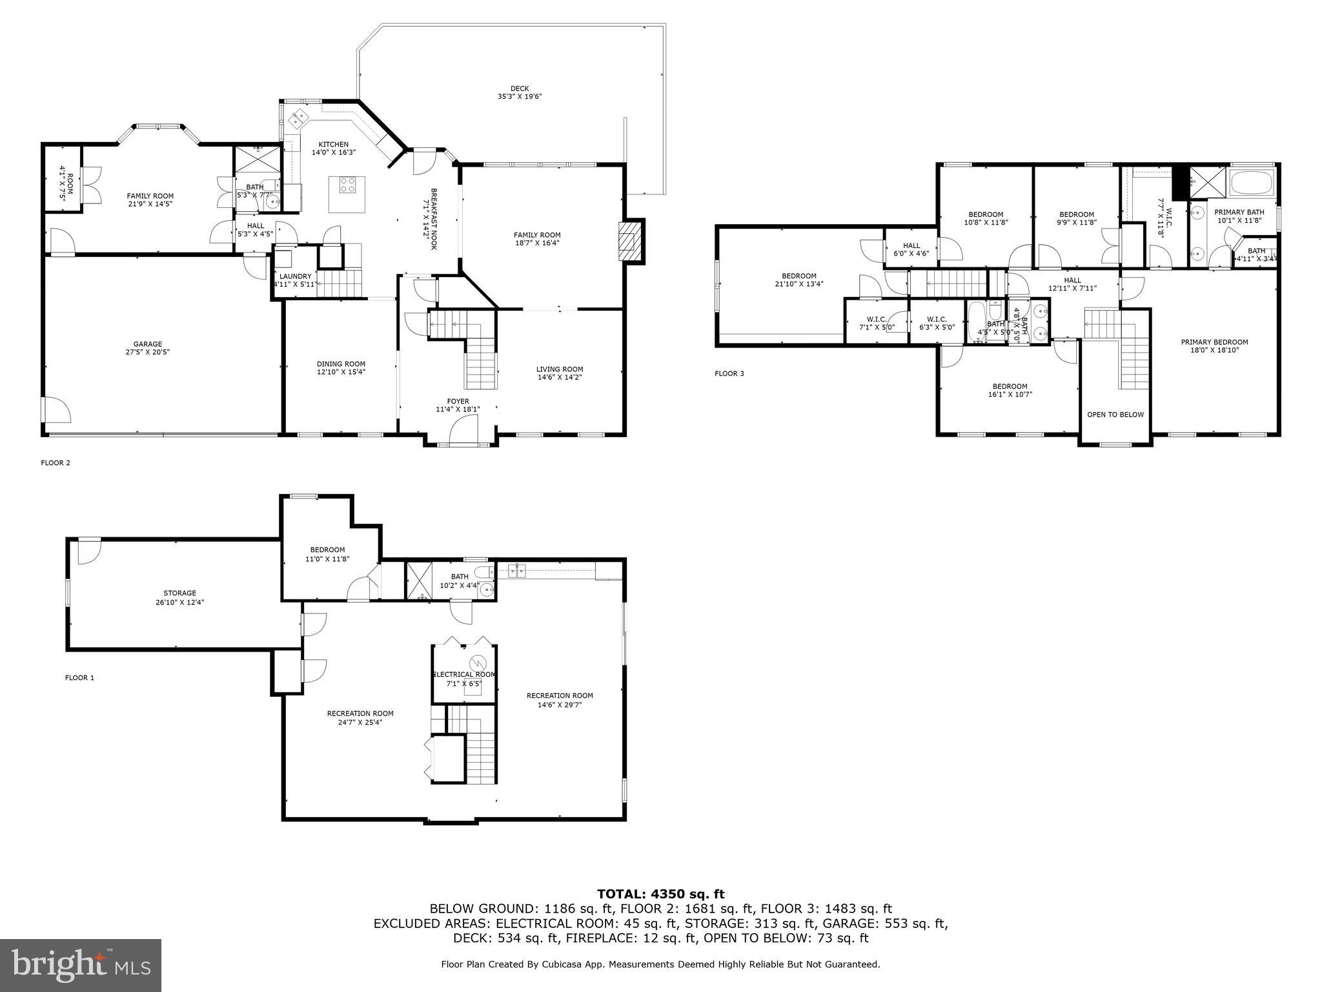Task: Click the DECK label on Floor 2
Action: point(519,89)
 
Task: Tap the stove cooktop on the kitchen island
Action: point(347,185)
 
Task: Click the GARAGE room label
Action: point(148,344)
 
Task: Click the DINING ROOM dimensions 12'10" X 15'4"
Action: point(341,372)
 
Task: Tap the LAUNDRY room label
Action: point(296,276)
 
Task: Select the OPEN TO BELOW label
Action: point(1115,415)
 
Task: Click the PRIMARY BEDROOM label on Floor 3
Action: point(1214,342)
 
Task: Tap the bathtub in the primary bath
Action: point(1252,183)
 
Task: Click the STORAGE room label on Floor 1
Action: point(179,593)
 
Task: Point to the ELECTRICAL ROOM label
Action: point(464,675)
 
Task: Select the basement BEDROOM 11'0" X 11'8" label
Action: point(327,550)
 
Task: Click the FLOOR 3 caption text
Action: point(729,373)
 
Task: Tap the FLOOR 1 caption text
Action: point(79,677)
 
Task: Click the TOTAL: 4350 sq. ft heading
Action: point(660,894)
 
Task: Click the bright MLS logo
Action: point(81,965)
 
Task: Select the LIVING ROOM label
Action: point(559,369)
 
